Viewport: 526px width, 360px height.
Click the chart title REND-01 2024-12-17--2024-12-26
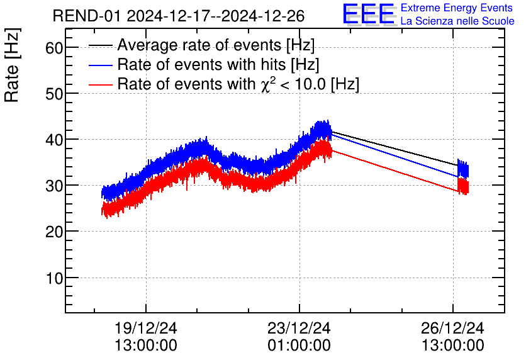(x=191, y=16)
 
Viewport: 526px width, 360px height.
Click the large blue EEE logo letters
(x=368, y=14)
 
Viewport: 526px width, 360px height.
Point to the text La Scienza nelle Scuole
(x=457, y=21)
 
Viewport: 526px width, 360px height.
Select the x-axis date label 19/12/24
(x=146, y=329)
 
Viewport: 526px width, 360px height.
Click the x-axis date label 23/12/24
(x=299, y=329)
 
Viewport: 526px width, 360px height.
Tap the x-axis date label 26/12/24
(x=453, y=329)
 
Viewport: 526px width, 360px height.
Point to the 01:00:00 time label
(x=299, y=346)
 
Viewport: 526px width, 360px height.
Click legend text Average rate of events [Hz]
(x=216, y=46)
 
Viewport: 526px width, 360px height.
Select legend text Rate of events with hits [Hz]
(x=218, y=65)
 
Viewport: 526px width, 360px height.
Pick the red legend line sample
(x=101, y=84)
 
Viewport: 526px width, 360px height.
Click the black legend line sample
(x=101, y=45)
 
